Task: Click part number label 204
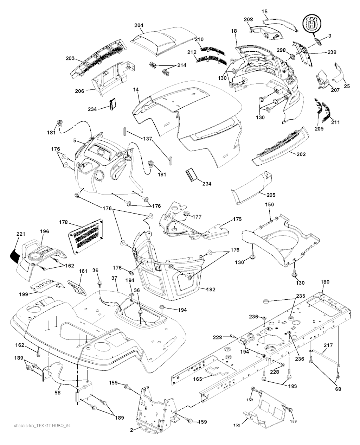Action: click(139, 26)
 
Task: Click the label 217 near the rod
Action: click(328, 345)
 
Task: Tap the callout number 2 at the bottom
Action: click(131, 430)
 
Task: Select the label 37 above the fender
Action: click(114, 278)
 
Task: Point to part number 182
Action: click(211, 290)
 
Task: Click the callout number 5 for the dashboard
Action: click(75, 140)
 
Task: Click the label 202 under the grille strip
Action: click(301, 154)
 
